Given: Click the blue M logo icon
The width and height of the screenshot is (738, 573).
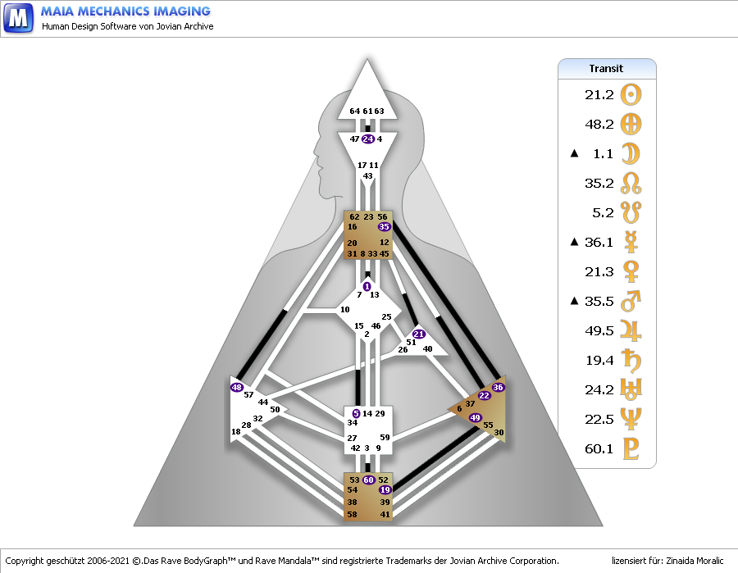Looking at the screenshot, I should tap(18, 17).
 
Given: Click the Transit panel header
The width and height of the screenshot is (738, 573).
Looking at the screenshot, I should tap(607, 69).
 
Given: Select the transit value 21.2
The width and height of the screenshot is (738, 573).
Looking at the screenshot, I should tap(599, 95).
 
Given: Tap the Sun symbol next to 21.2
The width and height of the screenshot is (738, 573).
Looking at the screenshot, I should tap(631, 95).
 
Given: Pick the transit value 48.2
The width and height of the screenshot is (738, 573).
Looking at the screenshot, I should tap(599, 125).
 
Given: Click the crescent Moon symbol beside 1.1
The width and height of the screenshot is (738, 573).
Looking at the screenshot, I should tap(631, 153).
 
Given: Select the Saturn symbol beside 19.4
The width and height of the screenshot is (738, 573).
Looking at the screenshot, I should tap(631, 360).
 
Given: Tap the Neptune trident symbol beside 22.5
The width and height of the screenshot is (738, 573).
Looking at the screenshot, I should tap(631, 419).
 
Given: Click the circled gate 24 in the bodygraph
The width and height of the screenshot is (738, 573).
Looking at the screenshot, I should tap(367, 139).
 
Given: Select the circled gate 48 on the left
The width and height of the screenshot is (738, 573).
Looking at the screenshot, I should tap(237, 387).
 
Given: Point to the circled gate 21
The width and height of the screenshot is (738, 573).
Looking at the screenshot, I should tap(419, 334).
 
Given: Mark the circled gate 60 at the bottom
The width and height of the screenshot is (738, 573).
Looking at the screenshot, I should tap(368, 480).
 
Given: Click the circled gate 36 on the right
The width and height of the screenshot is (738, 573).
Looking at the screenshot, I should tap(498, 387).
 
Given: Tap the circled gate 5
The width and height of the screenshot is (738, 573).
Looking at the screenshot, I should tap(356, 414).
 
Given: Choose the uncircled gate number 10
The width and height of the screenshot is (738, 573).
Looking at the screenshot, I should tap(344, 310).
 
